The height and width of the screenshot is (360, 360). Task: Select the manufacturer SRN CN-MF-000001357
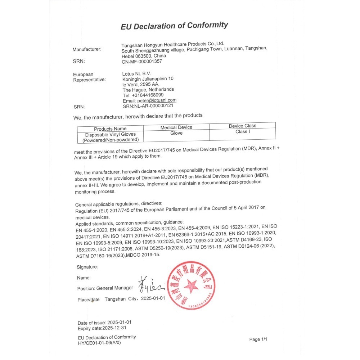tap(142, 62)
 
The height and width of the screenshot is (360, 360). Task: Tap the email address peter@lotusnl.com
tap(157, 100)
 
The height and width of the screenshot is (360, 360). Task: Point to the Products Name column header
tap(110, 129)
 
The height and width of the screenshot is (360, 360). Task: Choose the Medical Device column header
tap(176, 127)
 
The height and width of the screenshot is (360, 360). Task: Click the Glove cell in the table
tap(176, 133)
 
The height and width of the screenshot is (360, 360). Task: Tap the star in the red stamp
tap(191, 286)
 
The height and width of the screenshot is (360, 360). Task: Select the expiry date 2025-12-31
tap(114, 328)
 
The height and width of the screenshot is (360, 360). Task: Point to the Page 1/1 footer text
tap(258, 339)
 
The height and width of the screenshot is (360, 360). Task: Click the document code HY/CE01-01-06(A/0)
tap(99, 343)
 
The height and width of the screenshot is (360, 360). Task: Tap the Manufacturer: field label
tap(87, 49)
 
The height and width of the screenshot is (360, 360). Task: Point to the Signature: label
tap(87, 267)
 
